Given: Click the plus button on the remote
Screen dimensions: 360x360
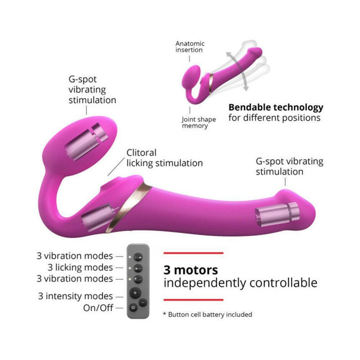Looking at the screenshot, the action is [135, 293].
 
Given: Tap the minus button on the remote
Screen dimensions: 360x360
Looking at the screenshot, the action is [143, 302].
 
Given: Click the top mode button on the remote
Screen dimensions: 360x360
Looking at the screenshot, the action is [138, 257].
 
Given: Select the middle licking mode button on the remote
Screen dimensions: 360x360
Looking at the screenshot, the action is [138, 268].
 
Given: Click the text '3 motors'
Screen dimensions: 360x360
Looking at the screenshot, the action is [191, 270].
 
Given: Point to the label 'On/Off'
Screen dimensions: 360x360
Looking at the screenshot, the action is [98, 308].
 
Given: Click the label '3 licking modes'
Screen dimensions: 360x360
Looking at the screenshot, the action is [80, 267].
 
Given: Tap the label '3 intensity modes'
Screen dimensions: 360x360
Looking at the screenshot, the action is [76, 296].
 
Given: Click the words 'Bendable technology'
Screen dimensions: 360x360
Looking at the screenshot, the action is [276, 107].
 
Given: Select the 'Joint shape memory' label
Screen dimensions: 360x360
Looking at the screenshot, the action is [199, 122].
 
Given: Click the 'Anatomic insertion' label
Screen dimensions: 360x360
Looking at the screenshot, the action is [190, 47].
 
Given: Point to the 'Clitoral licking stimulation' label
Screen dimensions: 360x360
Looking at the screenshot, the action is [165, 158].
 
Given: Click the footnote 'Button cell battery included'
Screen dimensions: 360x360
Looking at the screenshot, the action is [210, 314].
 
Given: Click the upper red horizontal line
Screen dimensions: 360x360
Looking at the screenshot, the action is [193, 253].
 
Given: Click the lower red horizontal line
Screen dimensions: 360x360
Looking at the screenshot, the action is [193, 300].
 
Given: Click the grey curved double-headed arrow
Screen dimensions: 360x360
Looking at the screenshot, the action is [238, 71].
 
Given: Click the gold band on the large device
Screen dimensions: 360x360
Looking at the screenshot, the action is [129, 207].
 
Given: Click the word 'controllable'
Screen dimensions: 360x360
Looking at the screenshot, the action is [283, 282].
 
